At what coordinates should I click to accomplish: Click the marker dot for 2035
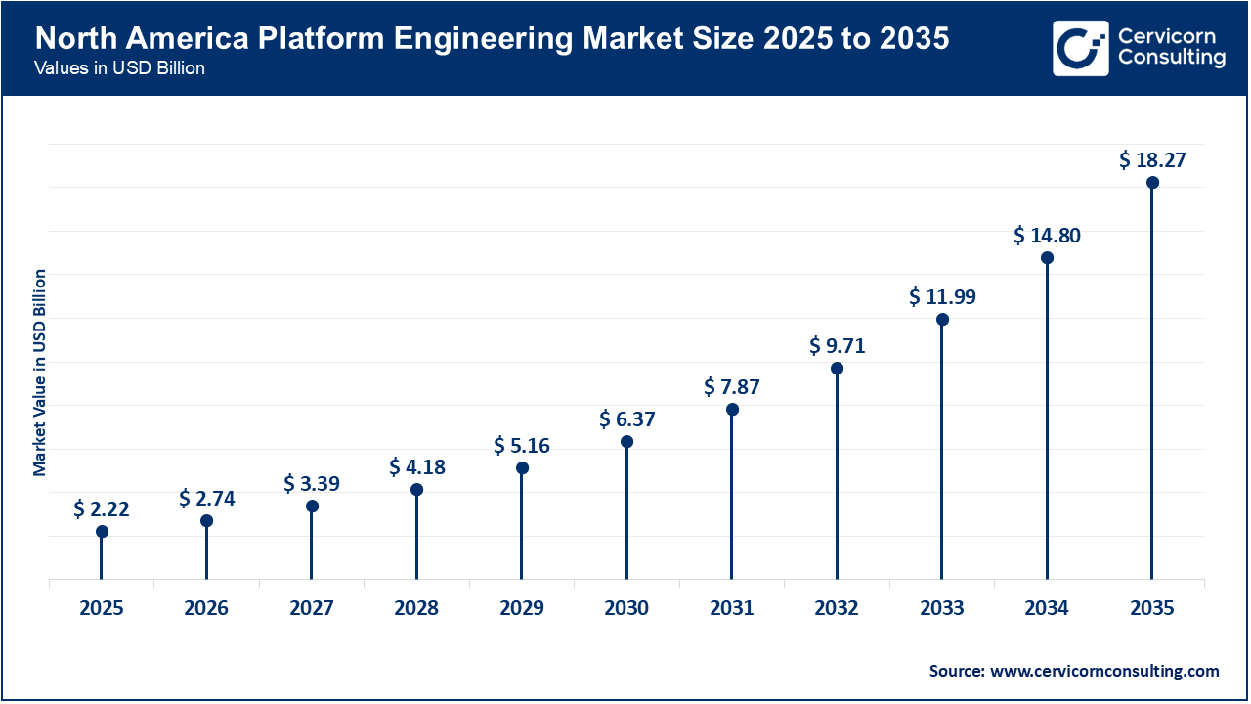click(1152, 183)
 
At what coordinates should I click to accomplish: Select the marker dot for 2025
click(102, 532)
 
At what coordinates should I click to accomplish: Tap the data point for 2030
click(626, 442)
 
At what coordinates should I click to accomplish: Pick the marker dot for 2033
click(942, 320)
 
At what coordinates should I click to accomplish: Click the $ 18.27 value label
click(1152, 159)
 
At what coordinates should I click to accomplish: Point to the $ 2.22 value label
click(102, 508)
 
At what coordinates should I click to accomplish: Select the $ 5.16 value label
click(522, 446)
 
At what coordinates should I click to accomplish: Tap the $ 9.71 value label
click(837, 345)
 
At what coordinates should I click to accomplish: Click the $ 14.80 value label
click(1047, 235)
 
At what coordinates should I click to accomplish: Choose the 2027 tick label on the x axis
click(312, 608)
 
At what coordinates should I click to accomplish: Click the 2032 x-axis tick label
click(837, 608)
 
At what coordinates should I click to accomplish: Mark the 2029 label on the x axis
click(522, 608)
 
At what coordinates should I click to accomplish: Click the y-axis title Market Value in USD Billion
click(40, 372)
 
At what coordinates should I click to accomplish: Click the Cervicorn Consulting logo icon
click(1080, 48)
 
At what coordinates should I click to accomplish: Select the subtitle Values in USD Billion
click(119, 68)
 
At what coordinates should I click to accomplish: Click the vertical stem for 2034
click(1047, 420)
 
